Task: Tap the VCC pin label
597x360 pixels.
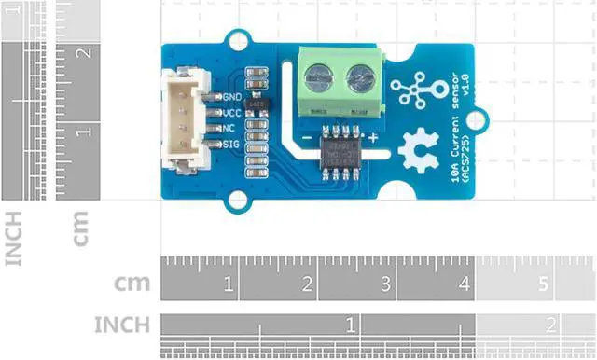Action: click(x=232, y=112)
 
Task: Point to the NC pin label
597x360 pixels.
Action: click(x=229, y=128)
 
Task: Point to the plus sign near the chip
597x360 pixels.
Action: click(x=372, y=138)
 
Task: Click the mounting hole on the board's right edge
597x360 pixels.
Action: click(x=479, y=119)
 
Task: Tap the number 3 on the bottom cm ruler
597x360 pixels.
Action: click(x=385, y=283)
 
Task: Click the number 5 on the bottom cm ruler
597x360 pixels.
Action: click(x=544, y=283)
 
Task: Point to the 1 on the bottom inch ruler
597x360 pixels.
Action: click(x=350, y=325)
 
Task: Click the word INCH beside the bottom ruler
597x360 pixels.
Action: click(x=122, y=325)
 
